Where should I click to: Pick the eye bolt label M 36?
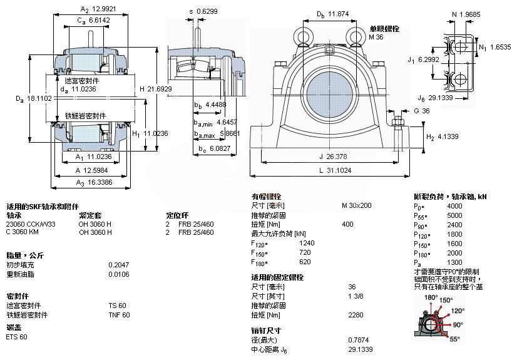pyautogui.click(x=376, y=37)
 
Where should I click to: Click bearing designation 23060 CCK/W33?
pyautogui.click(x=31, y=224)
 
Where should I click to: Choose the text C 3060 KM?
pyautogui.click(x=22, y=232)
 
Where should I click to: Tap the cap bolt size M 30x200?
pyautogui.click(x=356, y=205)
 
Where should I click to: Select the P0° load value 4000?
pyautogui.click(x=454, y=205)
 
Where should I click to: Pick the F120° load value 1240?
pyautogui.click(x=307, y=242)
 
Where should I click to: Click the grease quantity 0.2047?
pyautogui.click(x=118, y=264)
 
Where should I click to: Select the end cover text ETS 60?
pyautogui.click(x=16, y=337)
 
